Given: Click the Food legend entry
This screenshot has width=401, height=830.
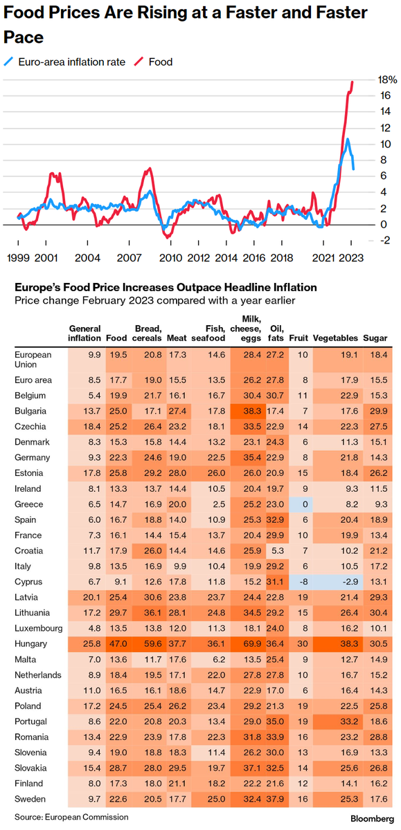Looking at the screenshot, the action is pyautogui.click(x=154, y=62).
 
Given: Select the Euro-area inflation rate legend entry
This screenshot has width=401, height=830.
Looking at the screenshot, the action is pyautogui.click(x=64, y=62).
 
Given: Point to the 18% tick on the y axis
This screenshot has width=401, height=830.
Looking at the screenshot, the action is pyautogui.click(x=387, y=80).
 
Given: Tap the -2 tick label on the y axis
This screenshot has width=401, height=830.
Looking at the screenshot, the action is pyautogui.click(x=386, y=241).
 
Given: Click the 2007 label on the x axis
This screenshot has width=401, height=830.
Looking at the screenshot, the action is pyautogui.click(x=129, y=258).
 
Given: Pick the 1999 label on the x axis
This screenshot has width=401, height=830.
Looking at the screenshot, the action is pyautogui.click(x=18, y=258).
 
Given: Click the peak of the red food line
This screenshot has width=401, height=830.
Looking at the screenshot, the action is pyautogui.click(x=352, y=82).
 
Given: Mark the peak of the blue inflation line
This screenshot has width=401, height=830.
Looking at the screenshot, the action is pyautogui.click(x=347, y=139).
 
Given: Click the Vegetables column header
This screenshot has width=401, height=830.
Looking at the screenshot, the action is pyautogui.click(x=335, y=338).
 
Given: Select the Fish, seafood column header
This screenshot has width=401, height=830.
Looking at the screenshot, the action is pyautogui.click(x=208, y=333).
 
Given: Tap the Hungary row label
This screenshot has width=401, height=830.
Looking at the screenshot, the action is pyautogui.click(x=30, y=644).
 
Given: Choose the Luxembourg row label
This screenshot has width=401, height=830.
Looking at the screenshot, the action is pyautogui.click(x=39, y=628).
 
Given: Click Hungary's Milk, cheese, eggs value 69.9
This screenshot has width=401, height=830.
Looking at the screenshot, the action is pyautogui.click(x=252, y=644).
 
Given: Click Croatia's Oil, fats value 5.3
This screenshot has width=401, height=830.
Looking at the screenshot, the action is pyautogui.click(x=278, y=551).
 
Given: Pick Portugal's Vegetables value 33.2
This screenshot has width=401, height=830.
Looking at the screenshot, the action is pyautogui.click(x=349, y=721).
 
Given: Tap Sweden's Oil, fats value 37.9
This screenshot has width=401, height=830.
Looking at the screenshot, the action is pyautogui.click(x=275, y=799).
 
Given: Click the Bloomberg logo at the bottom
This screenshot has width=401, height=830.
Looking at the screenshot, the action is pyautogui.click(x=372, y=818).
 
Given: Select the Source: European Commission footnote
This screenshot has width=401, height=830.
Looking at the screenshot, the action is pyautogui.click(x=71, y=817).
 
